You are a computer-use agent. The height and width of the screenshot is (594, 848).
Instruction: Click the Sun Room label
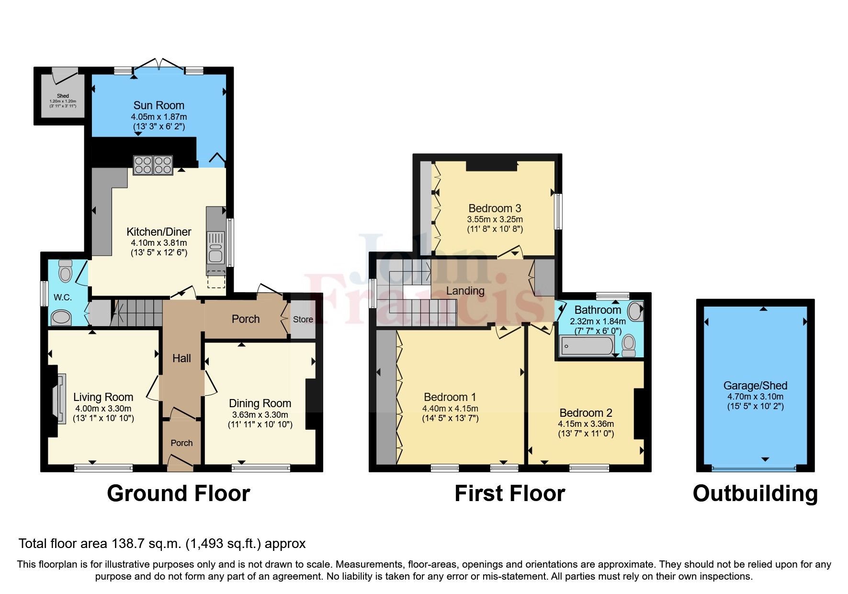[158, 105]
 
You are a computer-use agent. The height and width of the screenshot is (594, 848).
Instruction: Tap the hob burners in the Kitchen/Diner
[153, 165]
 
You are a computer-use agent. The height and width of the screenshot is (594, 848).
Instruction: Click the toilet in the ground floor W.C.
[65, 272]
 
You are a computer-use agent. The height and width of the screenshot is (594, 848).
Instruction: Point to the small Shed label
[63, 96]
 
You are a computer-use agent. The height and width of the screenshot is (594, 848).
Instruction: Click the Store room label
[303, 320]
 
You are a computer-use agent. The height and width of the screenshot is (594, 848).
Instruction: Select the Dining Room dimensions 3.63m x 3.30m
[260, 415]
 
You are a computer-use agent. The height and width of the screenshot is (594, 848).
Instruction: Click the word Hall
[181, 358]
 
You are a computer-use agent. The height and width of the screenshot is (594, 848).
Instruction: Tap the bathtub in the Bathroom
[587, 345]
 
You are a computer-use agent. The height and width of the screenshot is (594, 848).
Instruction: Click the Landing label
[465, 291]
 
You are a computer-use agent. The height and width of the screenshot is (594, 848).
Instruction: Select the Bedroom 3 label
[495, 208]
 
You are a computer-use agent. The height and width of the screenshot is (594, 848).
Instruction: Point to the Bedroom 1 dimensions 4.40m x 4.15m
[450, 409]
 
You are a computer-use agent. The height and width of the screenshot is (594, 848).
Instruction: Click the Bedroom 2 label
[586, 413]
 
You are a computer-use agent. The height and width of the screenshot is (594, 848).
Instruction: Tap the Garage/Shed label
[755, 386]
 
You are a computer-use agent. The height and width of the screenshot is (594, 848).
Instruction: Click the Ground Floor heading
[178, 493]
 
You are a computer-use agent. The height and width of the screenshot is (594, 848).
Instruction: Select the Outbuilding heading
[755, 493]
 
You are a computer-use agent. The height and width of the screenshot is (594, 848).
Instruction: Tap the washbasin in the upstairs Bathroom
[635, 311]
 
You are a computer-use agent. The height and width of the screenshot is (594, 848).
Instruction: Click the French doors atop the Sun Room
[158, 65]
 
